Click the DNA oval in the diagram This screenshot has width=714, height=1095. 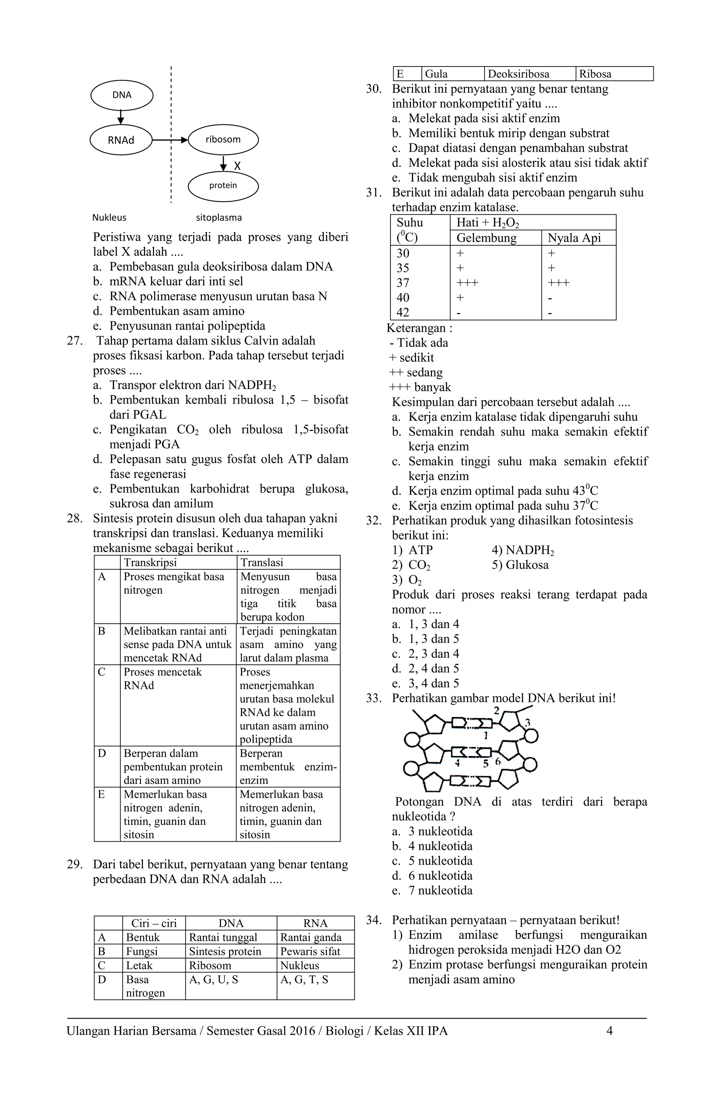tap(122, 95)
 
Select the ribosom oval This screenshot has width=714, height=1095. tap(223, 139)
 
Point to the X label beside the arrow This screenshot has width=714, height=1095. tap(237, 166)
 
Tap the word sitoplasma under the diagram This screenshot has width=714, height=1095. tap(219, 218)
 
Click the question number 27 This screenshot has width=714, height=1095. tap(75, 341)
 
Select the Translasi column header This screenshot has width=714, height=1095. tap(261, 562)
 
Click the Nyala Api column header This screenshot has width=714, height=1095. tap(574, 238)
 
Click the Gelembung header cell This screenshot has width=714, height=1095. tap(486, 238)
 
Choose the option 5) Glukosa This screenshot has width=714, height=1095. tap(520, 565)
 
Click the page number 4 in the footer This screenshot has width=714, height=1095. tap(609, 1031)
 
